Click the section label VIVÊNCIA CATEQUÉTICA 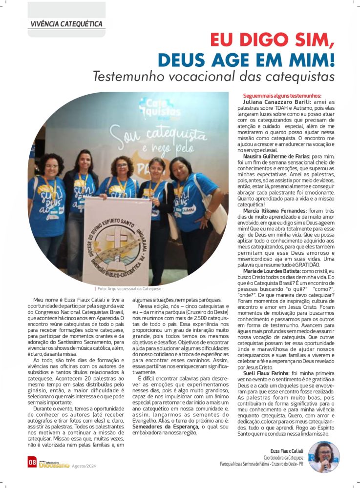(66, 23)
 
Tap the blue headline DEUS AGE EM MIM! (246, 60)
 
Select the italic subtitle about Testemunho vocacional (213, 77)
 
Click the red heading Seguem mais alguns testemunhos (282, 95)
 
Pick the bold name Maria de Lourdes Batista (272, 270)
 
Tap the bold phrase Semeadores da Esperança (166, 427)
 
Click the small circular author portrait (324, 457)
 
